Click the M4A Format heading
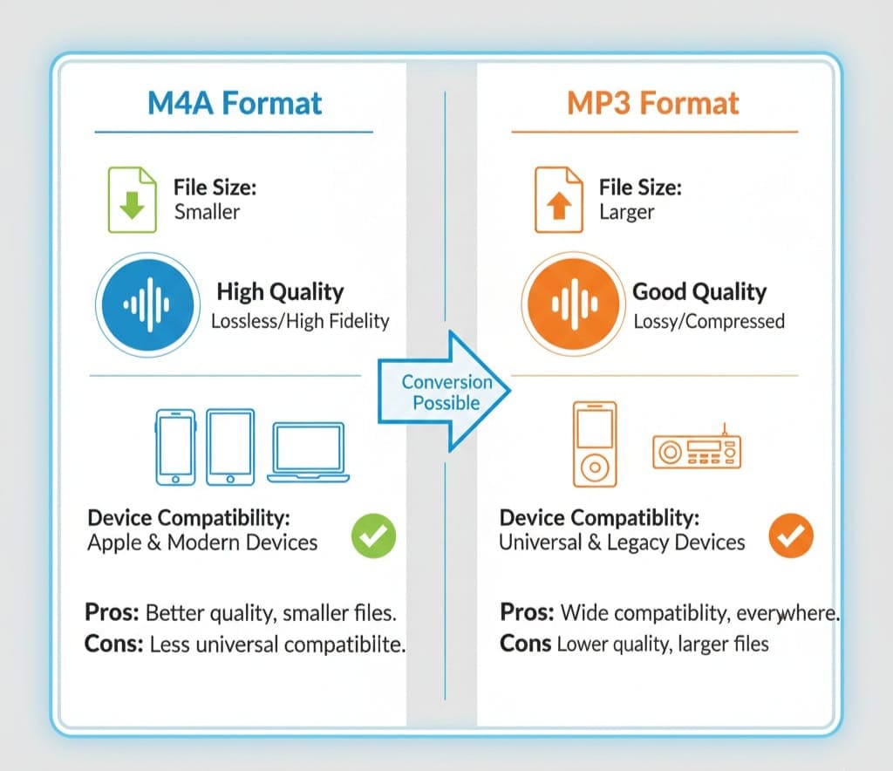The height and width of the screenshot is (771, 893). pyautogui.click(x=235, y=103)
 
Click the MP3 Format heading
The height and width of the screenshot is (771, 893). pyautogui.click(x=652, y=103)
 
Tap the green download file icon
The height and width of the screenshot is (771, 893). pyautogui.click(x=133, y=200)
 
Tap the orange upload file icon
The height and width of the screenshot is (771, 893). pyautogui.click(x=559, y=200)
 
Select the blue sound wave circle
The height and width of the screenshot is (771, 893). pyautogui.click(x=148, y=304)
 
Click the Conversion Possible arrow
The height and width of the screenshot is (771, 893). pyautogui.click(x=444, y=392)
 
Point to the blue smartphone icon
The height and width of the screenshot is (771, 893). pyautogui.click(x=175, y=447)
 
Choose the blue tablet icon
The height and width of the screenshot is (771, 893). pyautogui.click(x=230, y=447)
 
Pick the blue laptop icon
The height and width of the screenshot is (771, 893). pyautogui.click(x=308, y=453)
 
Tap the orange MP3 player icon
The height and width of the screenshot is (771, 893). pyautogui.click(x=595, y=444)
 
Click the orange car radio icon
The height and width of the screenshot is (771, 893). pyautogui.click(x=697, y=451)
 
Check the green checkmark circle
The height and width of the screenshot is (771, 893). pyautogui.click(x=373, y=536)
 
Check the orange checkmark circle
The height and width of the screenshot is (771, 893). pyautogui.click(x=791, y=536)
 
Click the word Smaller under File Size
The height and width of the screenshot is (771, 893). pyautogui.click(x=207, y=212)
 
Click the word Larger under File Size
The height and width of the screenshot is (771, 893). pyautogui.click(x=626, y=213)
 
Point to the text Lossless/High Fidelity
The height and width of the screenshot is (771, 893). pyautogui.click(x=300, y=321)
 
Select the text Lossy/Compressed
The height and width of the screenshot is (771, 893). pyautogui.click(x=709, y=322)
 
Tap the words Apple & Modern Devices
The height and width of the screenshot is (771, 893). pyautogui.click(x=202, y=542)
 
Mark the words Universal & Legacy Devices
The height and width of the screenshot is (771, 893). pyautogui.click(x=622, y=542)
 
